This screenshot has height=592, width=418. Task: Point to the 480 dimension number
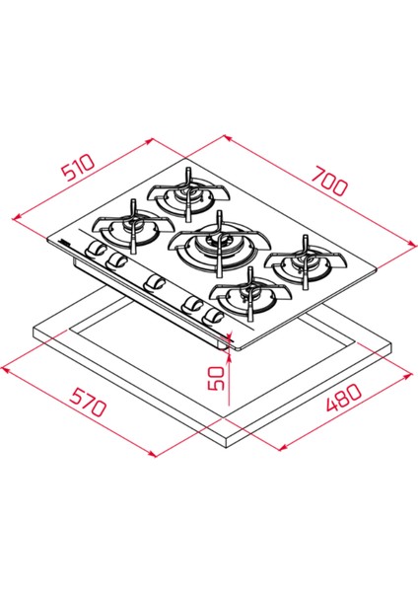click(344, 401)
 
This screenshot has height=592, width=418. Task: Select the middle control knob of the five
click(154, 284)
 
